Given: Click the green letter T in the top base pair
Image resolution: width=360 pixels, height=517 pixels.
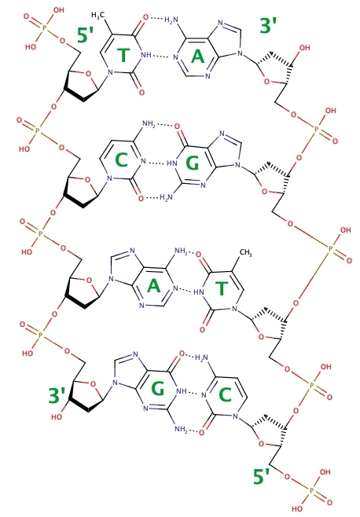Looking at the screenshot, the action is [123, 55].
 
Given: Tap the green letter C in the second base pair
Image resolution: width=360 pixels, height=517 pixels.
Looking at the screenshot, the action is [121, 160].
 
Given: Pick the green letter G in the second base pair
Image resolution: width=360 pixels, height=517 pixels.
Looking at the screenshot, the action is [193, 163].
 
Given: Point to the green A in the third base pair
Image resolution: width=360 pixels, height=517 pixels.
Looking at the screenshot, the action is [153, 286].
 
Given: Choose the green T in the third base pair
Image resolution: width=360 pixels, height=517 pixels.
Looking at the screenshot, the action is [222, 288].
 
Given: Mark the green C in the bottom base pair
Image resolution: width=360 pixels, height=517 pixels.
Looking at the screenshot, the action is [225, 394].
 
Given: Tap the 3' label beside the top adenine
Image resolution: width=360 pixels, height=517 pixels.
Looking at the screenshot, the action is [268, 26].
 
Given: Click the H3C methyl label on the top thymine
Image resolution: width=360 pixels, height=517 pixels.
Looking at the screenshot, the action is [98, 15].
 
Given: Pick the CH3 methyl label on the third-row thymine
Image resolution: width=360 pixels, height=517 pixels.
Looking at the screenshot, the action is [245, 253].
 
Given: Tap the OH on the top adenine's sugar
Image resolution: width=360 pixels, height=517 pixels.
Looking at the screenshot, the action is [304, 48].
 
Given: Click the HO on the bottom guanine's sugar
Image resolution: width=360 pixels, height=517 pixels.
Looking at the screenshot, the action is [57, 416].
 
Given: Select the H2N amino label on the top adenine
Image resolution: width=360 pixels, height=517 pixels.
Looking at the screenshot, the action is [171, 20].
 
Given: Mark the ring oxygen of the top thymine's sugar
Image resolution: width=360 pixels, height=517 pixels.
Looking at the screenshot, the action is [88, 73].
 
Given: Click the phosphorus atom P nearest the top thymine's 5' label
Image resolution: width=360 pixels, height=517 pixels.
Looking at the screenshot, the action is [44, 29].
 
